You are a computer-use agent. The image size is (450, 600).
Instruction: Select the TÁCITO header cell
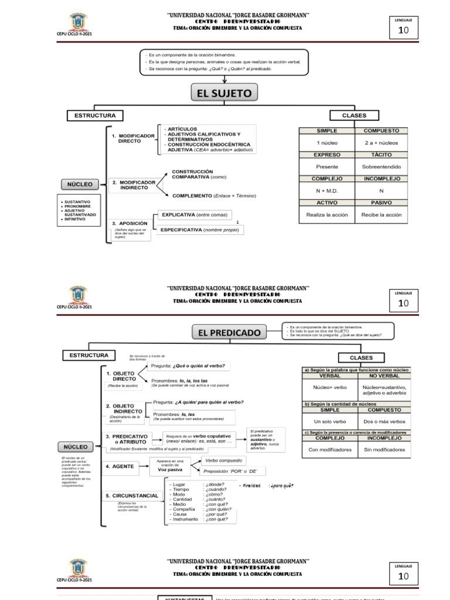pyautogui.click(x=381, y=155)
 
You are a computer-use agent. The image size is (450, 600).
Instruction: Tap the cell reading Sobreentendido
pyautogui.click(x=381, y=166)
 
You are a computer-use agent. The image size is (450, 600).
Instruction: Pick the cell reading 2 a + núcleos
pyautogui.click(x=381, y=142)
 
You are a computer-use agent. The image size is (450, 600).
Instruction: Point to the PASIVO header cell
pyautogui.click(x=381, y=203)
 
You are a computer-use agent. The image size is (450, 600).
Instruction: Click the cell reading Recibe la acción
pyautogui.click(x=381, y=214)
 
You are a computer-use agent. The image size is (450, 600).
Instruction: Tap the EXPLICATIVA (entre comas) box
pyautogui.click(x=193, y=214)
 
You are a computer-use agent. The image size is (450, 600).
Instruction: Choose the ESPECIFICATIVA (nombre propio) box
pyautogui.click(x=199, y=230)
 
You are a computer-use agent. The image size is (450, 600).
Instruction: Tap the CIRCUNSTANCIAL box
pyautogui.click(x=132, y=496)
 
